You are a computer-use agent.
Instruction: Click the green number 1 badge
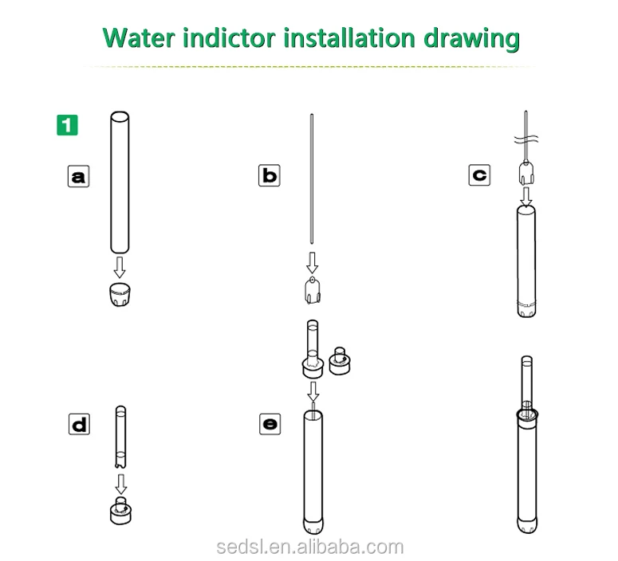click(68, 125)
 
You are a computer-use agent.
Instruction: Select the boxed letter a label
click(78, 176)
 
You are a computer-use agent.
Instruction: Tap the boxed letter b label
click(270, 175)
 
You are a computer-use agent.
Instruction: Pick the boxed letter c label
click(479, 175)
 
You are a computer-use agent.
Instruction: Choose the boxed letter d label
click(79, 424)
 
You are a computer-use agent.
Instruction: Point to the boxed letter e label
click(270, 424)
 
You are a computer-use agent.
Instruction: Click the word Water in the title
click(139, 38)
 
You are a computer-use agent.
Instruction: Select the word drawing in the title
click(471, 39)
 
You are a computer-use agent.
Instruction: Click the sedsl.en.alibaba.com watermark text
click(310, 547)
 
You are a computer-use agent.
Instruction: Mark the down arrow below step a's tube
click(120, 268)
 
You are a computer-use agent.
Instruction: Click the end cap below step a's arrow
click(120, 294)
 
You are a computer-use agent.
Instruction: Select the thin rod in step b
click(312, 178)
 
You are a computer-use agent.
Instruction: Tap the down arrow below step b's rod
click(312, 263)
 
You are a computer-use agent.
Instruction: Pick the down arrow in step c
click(525, 197)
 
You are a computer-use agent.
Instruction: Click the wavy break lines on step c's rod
click(526, 139)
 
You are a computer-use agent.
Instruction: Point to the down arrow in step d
click(121, 484)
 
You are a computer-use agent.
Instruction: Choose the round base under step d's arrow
click(120, 511)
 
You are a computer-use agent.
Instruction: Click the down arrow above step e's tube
click(313, 391)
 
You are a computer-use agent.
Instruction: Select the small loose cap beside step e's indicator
click(340, 361)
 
